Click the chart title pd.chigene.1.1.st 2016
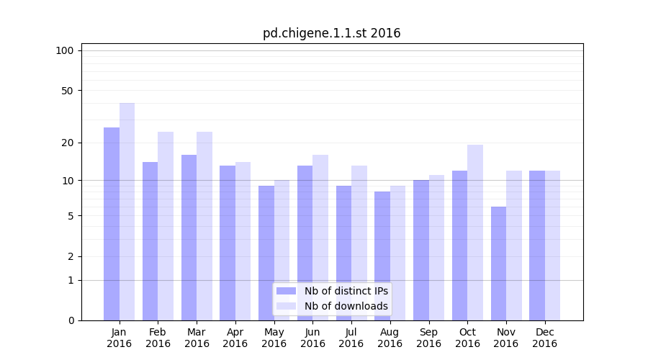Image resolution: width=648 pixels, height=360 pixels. [x=331, y=33]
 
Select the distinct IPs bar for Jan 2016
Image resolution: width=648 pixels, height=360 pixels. [x=112, y=223]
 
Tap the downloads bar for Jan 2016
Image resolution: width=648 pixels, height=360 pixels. [x=127, y=212]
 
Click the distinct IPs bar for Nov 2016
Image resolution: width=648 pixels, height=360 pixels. [x=498, y=264]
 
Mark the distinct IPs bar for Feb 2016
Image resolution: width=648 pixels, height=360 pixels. [x=150, y=241]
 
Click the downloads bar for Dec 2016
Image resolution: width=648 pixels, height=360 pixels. [x=552, y=246]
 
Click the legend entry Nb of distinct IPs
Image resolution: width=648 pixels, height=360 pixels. [x=346, y=291]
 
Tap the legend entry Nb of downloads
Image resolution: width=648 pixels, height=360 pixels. [x=346, y=306]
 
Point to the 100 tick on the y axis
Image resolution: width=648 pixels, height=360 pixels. [x=65, y=50]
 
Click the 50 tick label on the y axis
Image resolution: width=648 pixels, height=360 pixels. [x=68, y=91]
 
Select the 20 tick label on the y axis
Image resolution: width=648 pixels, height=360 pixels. [x=68, y=143]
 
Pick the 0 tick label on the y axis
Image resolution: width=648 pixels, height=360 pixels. [x=71, y=320]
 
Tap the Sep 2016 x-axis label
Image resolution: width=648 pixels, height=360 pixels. [x=428, y=338]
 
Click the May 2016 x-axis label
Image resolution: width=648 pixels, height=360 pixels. [x=274, y=338]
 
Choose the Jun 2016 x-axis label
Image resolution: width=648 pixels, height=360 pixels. [x=312, y=338]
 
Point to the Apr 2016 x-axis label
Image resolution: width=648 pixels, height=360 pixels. [x=235, y=338]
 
